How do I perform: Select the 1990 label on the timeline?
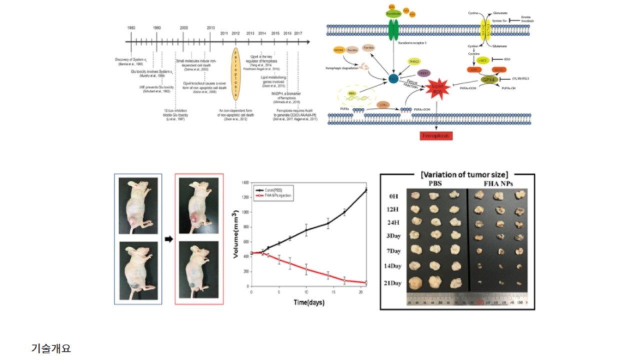pyautogui.click(x=157, y=28)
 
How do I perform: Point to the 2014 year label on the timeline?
pyautogui.click(x=262, y=32)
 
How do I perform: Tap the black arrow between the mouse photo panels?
pyautogui.click(x=168, y=239)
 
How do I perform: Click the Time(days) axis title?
pyautogui.click(x=308, y=302)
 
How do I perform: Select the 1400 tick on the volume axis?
pyautogui.click(x=244, y=182)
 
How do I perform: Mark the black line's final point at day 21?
pyautogui.click(x=365, y=190)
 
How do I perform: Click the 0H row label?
pyautogui.click(x=394, y=195)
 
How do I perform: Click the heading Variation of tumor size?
pyautogui.click(x=457, y=174)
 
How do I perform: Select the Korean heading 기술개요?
pyautogui.click(x=51, y=348)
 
